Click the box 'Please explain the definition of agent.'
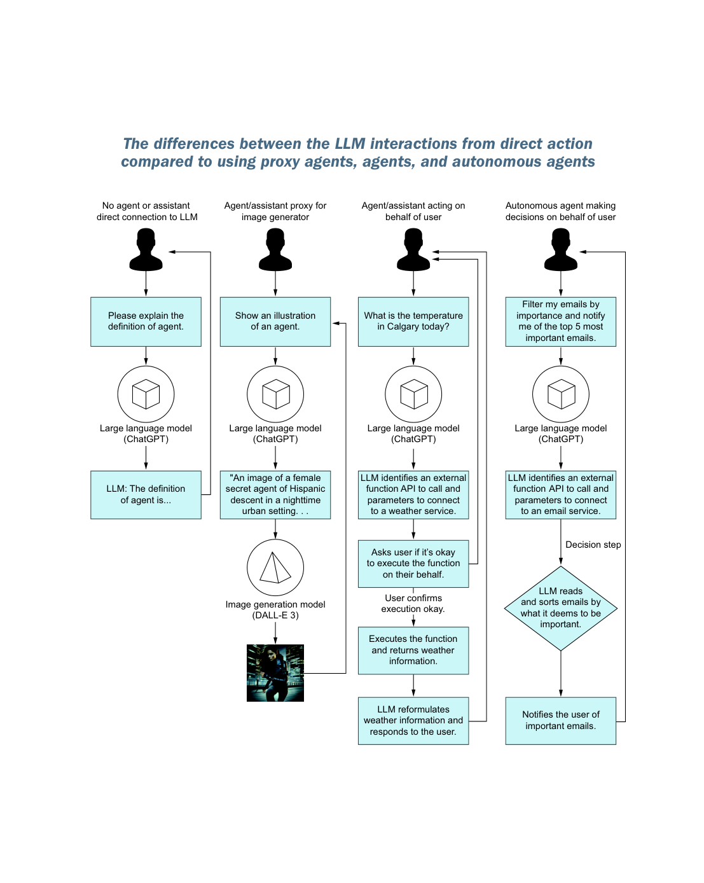(146, 321)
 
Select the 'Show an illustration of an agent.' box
(275, 321)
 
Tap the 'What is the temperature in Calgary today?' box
(413, 321)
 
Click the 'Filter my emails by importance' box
(560, 321)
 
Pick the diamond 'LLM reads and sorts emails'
(560, 608)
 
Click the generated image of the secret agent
(275, 672)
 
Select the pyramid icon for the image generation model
(275, 567)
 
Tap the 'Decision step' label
(593, 545)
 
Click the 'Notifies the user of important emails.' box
(560, 721)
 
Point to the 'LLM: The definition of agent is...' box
(146, 494)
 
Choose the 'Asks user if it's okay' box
(413, 564)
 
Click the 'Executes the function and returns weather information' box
(413, 650)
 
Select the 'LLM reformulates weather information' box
(413, 721)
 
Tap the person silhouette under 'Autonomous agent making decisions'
(560, 249)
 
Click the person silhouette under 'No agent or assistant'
(146, 249)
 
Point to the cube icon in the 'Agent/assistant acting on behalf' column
(413, 394)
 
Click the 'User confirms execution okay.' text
(413, 603)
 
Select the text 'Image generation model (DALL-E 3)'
(275, 609)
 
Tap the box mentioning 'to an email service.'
(560, 494)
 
